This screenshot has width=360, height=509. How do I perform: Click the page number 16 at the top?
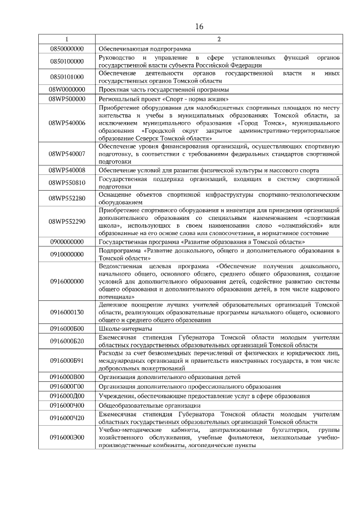pos(199,26)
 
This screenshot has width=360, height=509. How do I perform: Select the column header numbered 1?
pos(67,39)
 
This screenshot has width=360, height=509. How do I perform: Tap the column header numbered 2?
pos(219,39)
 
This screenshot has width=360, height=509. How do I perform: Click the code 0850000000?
pos(67,49)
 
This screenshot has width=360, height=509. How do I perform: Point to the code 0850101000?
pos(67,77)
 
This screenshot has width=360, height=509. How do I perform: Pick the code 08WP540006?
pos(67,122)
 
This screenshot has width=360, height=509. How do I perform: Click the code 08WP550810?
pos(67,183)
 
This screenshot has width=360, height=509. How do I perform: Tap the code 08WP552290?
pos(67,221)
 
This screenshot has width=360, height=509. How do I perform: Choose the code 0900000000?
pos(67,241)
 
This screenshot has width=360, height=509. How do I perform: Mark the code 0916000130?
pos(67,312)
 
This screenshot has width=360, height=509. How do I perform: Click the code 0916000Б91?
pos(67,361)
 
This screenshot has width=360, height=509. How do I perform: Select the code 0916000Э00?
pos(67,436)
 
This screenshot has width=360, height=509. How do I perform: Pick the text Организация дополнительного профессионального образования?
pos(189,386)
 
